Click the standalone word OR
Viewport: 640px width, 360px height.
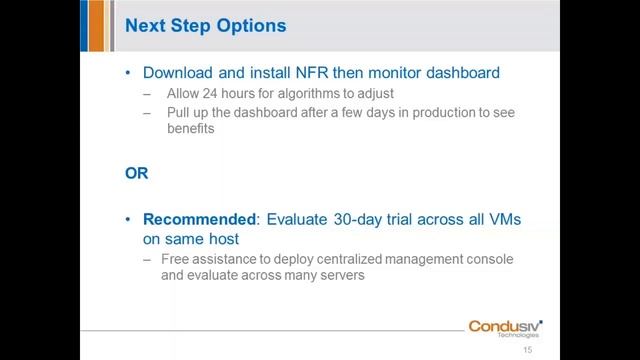[137, 172]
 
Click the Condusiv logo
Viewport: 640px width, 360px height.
[505, 327]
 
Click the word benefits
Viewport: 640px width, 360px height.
[187, 129]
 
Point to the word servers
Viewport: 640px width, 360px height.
[341, 276]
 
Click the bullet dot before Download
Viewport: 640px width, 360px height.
[129, 73]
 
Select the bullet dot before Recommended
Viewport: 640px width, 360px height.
[129, 219]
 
